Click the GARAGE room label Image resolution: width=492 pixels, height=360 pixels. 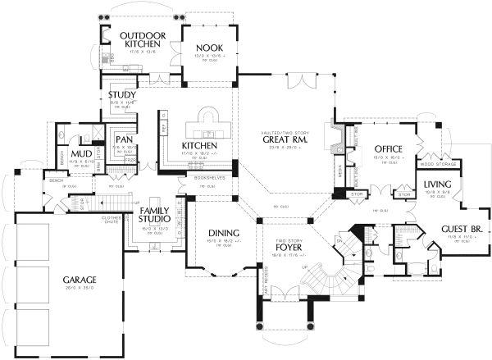79,280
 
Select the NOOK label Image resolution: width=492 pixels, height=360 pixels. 207,48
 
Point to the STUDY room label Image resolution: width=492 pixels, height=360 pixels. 122,95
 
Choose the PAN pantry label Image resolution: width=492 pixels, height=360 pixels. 125,139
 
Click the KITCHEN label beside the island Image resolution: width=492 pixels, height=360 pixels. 198,146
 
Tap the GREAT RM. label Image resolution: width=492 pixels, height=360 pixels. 285,139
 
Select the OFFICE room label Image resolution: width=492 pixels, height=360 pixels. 385,148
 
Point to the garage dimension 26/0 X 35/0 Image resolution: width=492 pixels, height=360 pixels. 79,289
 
